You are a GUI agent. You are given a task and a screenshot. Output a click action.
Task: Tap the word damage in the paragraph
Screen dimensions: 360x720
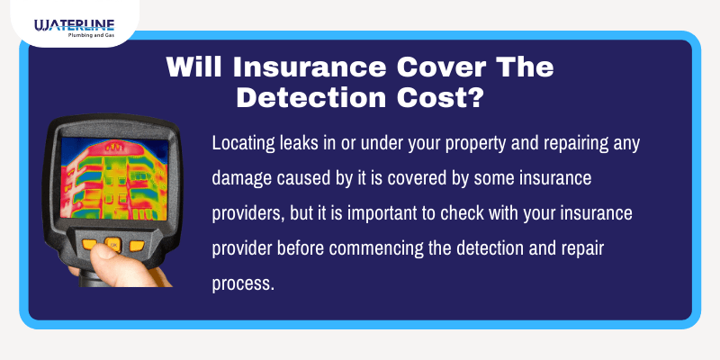pos(243,178)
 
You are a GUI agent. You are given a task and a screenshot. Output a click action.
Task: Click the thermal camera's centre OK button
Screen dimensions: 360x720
pos(112,244)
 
